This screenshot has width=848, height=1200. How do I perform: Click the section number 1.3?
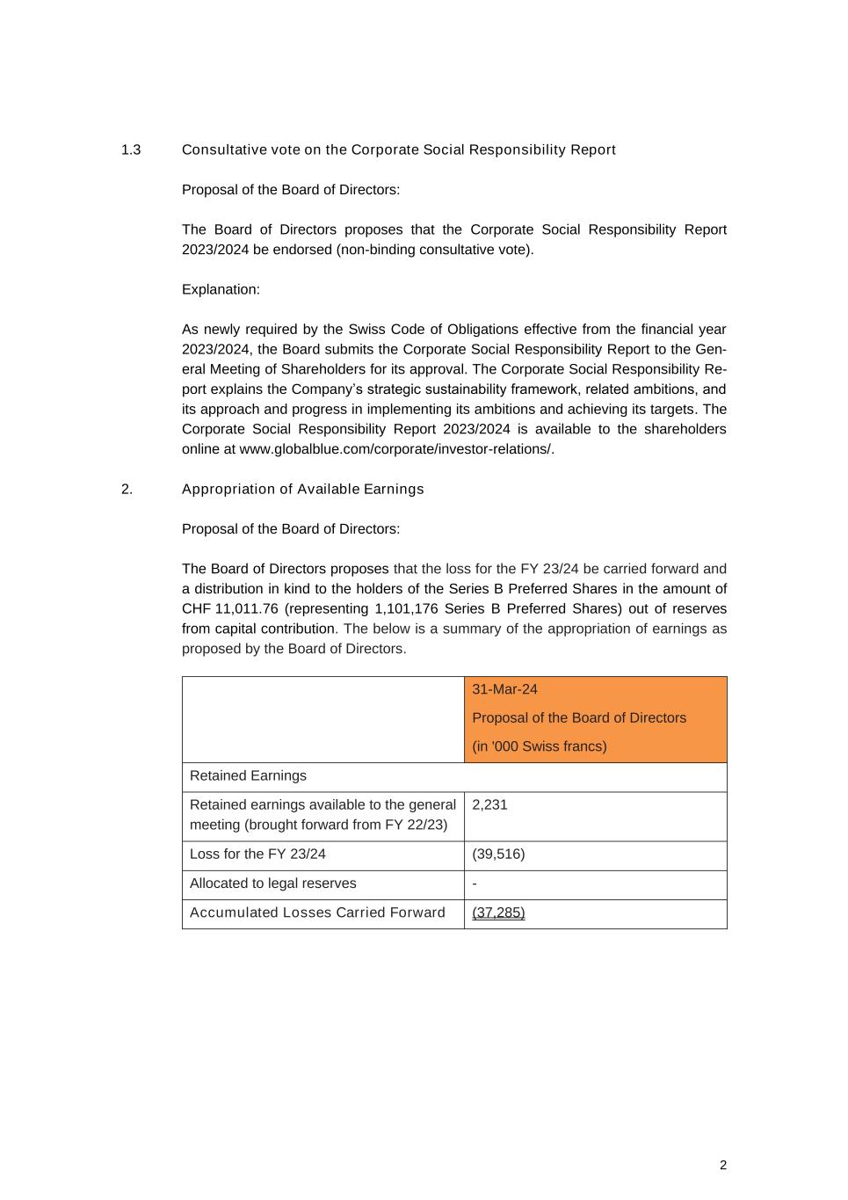click(x=131, y=149)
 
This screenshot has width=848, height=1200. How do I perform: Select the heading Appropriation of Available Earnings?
click(x=302, y=489)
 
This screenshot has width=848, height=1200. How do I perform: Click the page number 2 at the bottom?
click(x=723, y=1165)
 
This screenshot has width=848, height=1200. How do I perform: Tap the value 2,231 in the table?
click(x=489, y=804)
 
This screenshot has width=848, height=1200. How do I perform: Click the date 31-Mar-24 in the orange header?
click(x=504, y=689)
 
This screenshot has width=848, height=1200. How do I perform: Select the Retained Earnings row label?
click(x=248, y=775)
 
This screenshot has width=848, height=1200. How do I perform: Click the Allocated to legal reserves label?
click(x=272, y=884)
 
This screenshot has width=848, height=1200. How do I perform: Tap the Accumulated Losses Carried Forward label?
click(x=317, y=913)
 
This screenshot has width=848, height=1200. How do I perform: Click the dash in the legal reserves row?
click(x=475, y=884)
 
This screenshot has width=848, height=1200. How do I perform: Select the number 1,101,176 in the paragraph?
click(x=405, y=608)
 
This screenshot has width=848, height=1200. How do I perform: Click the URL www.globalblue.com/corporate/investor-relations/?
click(x=396, y=449)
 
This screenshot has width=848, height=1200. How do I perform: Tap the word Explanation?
click(x=221, y=289)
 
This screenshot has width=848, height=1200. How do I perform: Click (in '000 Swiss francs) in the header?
click(x=539, y=746)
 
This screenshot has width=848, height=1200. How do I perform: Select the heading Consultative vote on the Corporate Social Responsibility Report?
click(x=398, y=149)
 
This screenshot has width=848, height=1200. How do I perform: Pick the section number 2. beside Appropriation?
click(x=127, y=489)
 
